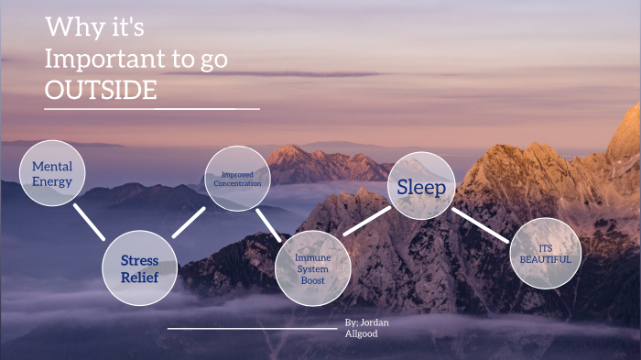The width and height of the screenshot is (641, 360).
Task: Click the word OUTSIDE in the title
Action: tap(101, 91)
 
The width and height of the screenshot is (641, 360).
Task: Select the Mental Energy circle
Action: tap(52, 173)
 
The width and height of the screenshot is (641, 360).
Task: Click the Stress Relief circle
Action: tap(139, 267)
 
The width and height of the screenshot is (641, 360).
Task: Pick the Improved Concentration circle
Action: tap(236, 178)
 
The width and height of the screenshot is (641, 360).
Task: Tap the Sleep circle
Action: tap(421, 188)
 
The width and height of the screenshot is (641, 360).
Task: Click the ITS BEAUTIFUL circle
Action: tap(545, 254)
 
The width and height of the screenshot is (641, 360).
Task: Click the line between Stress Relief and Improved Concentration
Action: tap(189, 222)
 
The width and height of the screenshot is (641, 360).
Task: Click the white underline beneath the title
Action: tap(151, 109)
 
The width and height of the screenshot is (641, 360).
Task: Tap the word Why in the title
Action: tap(68, 28)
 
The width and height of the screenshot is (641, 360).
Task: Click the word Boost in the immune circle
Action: tap(313, 280)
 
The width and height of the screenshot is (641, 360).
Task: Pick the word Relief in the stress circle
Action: tap(139, 277)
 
